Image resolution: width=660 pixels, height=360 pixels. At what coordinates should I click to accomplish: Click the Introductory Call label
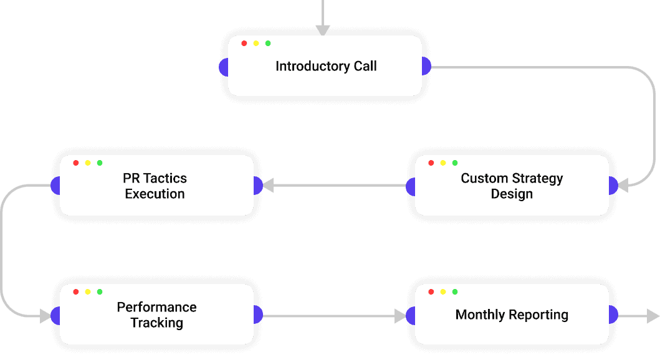click(x=326, y=66)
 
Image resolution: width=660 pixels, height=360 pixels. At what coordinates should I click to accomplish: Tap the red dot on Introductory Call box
click(x=244, y=43)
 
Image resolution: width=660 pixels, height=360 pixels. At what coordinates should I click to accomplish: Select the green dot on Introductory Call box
click(x=268, y=43)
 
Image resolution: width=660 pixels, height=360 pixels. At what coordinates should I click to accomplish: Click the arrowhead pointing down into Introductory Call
click(x=322, y=31)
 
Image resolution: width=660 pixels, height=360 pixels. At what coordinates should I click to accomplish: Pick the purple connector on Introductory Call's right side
click(x=426, y=66)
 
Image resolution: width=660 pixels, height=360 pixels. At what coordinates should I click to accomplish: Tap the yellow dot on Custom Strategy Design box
click(x=442, y=163)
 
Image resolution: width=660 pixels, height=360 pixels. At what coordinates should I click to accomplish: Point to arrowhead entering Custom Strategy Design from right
click(x=623, y=186)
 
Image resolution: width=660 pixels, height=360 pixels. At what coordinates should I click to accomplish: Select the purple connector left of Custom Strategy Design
click(x=411, y=186)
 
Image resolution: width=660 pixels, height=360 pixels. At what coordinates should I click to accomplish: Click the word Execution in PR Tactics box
click(x=155, y=194)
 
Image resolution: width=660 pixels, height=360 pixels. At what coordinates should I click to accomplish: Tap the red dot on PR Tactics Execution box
click(x=76, y=163)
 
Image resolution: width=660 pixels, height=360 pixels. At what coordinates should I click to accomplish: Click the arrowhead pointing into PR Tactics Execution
click(x=269, y=186)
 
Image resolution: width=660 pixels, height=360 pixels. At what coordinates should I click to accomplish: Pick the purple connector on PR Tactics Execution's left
click(x=55, y=186)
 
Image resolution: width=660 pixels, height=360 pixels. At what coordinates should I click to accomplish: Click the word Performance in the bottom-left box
click(x=156, y=307)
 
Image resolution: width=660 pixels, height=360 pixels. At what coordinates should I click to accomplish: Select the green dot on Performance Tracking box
click(x=100, y=291)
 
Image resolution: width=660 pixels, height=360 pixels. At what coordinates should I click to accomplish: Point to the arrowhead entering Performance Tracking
click(x=45, y=316)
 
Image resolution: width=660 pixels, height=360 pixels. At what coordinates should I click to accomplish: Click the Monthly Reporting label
click(x=512, y=315)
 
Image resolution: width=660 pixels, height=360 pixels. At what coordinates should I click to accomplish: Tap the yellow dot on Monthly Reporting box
click(x=442, y=291)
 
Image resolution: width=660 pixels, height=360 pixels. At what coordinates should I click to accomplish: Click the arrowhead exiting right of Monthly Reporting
click(x=653, y=316)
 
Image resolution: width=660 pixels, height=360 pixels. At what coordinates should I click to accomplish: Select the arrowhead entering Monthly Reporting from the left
click(x=400, y=316)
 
